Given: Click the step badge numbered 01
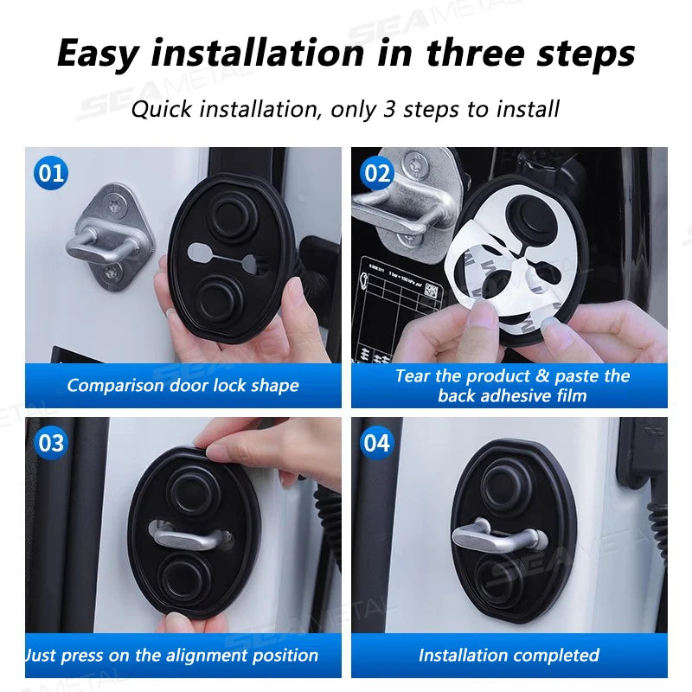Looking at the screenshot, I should [51, 173].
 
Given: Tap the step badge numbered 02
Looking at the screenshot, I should [377, 173].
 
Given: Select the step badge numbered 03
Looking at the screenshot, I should [51, 443].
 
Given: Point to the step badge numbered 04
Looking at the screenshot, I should [377, 443].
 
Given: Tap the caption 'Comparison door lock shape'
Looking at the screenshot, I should [183, 386].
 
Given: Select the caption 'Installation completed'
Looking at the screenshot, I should [509, 655].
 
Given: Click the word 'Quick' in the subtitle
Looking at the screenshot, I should [161, 109].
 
